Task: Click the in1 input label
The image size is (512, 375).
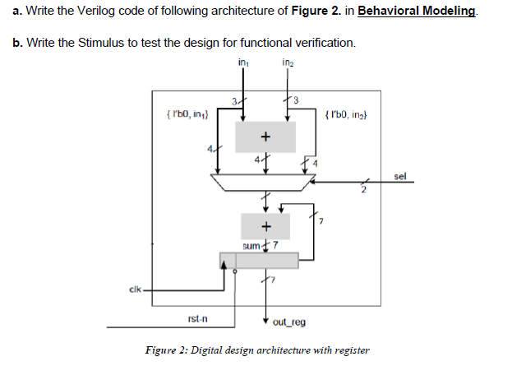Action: point(242,63)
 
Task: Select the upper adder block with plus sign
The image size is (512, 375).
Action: point(265,136)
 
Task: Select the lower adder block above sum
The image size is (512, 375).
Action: point(265,225)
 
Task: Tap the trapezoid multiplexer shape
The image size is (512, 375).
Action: point(265,183)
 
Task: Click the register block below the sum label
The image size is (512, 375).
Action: point(265,260)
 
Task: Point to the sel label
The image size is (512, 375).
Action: point(400,176)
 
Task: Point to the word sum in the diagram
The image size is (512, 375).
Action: point(251,245)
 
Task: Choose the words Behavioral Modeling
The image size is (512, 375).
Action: point(417,12)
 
